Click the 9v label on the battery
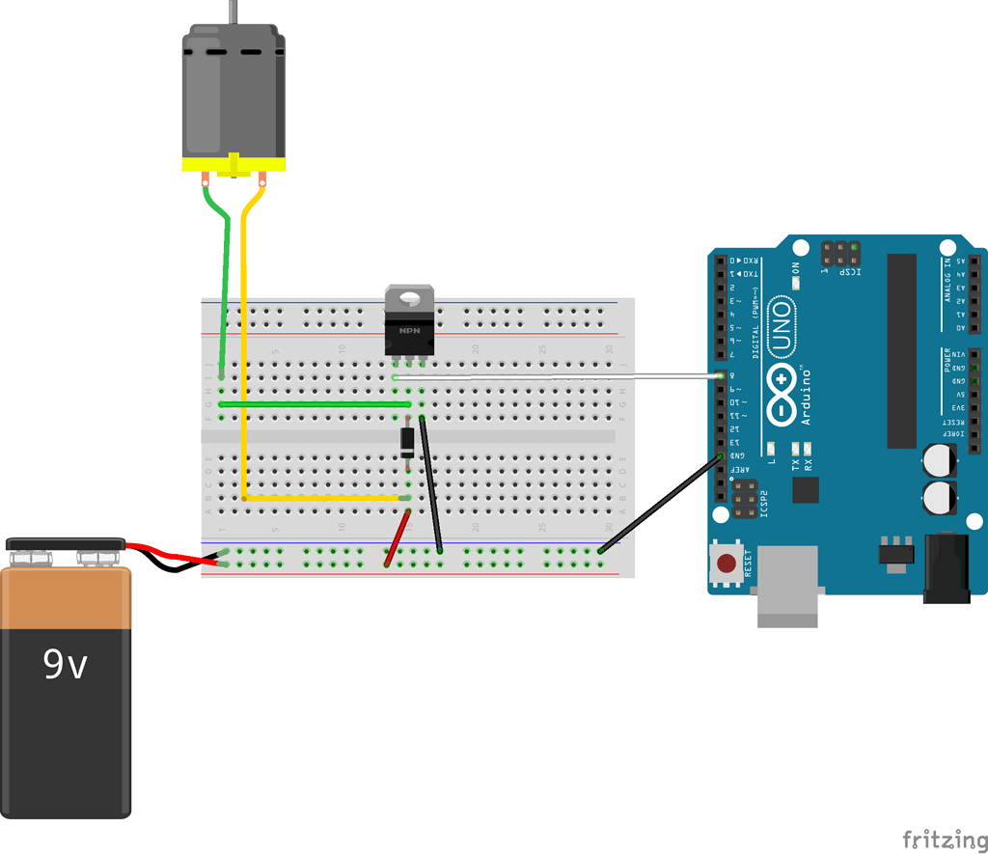[x=66, y=664]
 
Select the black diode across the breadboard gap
[x=408, y=441]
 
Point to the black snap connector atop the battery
[x=66, y=544]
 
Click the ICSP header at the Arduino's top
[x=840, y=254]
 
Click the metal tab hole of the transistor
[x=410, y=297]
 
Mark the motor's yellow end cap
[x=234, y=164]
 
